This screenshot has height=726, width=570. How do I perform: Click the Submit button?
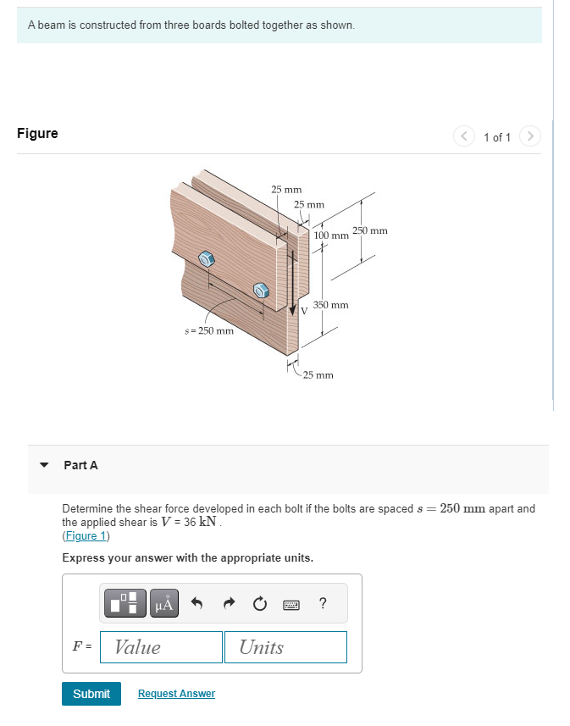click(91, 694)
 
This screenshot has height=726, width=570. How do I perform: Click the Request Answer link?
click(176, 694)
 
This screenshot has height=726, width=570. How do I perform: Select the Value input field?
click(161, 647)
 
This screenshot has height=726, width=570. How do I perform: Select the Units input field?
click(285, 647)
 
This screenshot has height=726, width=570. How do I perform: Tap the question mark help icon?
click(323, 603)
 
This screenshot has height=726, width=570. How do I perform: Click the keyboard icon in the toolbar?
click(291, 603)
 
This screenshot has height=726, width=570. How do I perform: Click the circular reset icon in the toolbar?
click(260, 603)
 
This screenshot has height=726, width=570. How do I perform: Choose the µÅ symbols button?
click(164, 603)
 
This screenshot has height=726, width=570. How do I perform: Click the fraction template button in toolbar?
click(125, 603)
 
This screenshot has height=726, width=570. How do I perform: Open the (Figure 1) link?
click(86, 536)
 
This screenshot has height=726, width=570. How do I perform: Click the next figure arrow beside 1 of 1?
click(529, 136)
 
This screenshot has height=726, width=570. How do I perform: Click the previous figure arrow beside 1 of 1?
click(465, 136)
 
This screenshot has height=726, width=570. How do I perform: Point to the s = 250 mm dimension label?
click(208, 330)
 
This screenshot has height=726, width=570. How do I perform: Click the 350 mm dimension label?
click(330, 304)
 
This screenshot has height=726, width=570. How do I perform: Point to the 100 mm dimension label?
click(331, 235)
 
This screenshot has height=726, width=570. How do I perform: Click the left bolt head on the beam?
click(206, 258)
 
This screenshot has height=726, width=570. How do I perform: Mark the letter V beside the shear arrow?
click(303, 311)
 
